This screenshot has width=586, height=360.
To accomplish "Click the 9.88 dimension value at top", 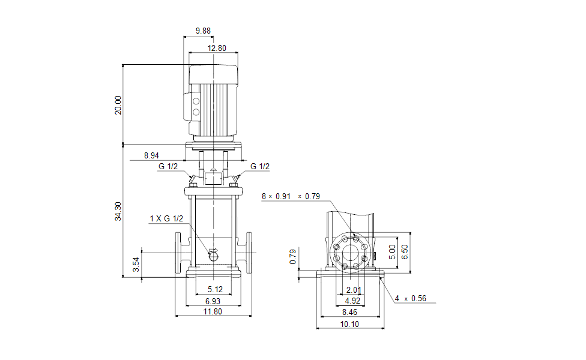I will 204,31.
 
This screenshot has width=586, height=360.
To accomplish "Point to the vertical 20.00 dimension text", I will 118,104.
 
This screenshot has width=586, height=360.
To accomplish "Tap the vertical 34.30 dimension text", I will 118,211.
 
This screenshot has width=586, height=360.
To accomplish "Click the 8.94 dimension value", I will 152,155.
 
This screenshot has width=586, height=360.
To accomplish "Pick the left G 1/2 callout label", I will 168,167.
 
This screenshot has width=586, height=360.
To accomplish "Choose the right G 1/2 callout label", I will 260,167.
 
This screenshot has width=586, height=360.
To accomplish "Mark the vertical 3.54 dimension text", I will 136,264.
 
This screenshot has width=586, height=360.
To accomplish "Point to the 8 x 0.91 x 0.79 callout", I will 291,196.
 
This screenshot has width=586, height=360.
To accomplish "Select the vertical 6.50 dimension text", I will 405,252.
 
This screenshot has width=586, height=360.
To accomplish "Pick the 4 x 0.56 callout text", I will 411,298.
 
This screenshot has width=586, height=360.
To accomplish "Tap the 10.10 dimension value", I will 351,324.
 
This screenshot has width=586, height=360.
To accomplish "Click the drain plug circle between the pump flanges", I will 213,256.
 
